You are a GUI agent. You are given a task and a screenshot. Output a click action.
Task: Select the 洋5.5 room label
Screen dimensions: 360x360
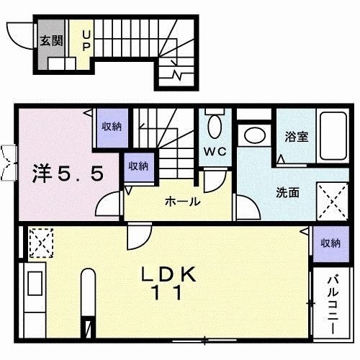(71, 173)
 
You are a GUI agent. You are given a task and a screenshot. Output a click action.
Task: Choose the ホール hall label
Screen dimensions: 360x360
(183, 202)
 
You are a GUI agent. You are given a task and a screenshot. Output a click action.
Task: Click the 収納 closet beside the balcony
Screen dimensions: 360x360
(330, 243)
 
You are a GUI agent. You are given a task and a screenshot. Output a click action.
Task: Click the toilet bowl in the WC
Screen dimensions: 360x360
(214, 127)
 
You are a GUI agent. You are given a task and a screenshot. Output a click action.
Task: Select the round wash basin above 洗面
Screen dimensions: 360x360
(253, 135)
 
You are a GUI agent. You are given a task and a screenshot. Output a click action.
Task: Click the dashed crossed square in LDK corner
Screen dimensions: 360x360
(39, 241)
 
